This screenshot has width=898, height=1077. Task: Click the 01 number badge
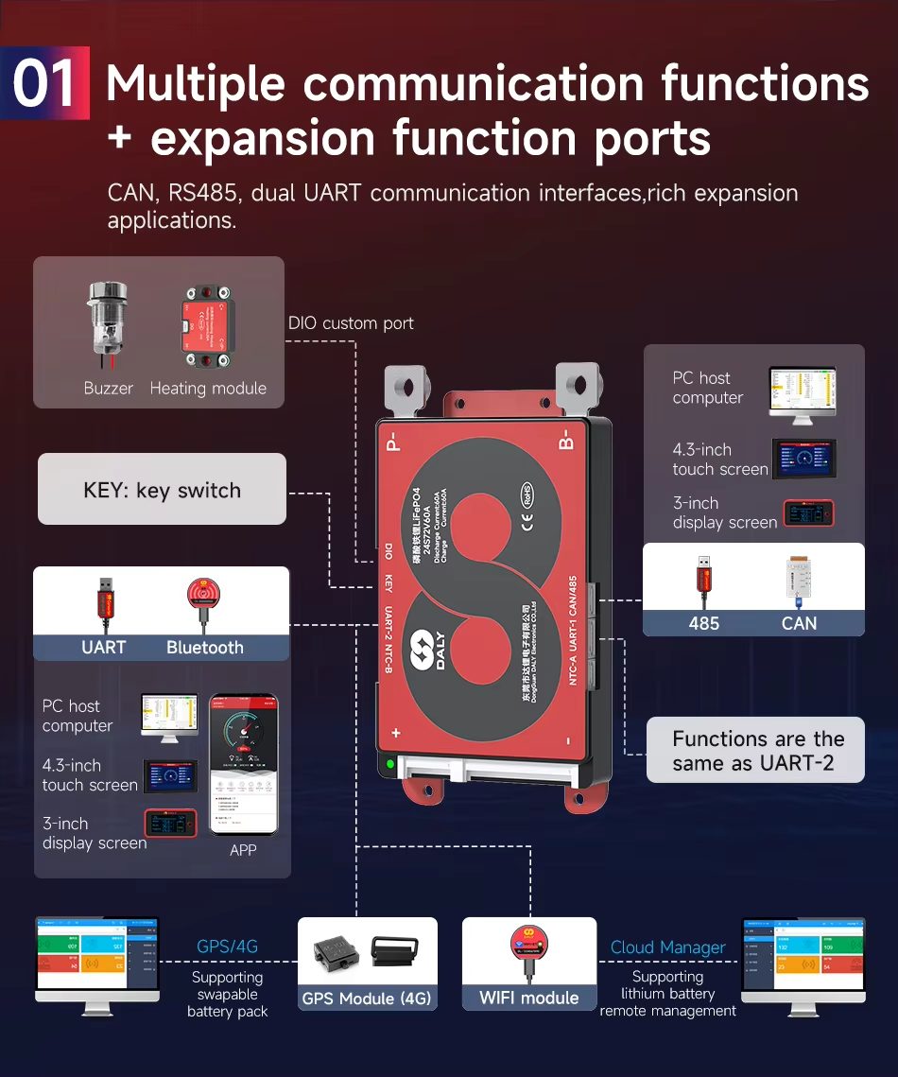44,83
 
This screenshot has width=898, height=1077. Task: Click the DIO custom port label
351,323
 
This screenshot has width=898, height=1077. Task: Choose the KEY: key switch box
162,490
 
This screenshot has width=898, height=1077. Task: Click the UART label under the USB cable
104,648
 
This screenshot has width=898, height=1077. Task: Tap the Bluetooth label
205,648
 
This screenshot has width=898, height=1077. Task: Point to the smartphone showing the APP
243,766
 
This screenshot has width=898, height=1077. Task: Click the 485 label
703,623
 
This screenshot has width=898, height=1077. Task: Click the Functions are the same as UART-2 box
754,751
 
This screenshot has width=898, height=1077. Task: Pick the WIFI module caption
528,998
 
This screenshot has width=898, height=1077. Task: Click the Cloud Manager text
667,947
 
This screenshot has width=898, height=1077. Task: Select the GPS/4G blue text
227,947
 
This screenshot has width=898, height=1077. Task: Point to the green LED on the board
388,763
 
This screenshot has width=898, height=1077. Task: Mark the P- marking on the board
394,442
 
